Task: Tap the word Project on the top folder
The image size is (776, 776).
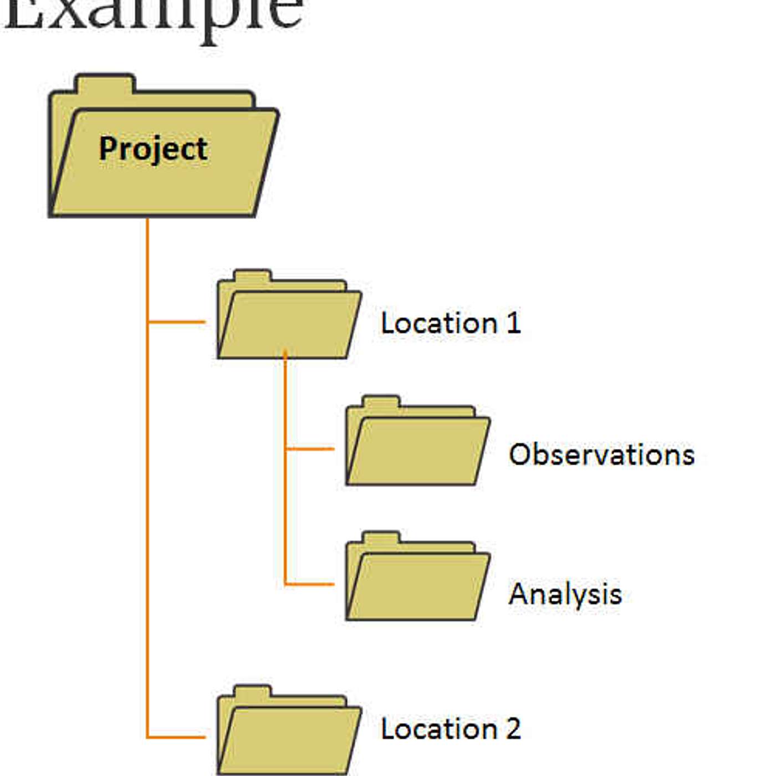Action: pyautogui.click(x=153, y=149)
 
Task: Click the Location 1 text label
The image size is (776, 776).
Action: pyautogui.click(x=451, y=323)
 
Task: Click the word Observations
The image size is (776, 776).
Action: pyautogui.click(x=601, y=455)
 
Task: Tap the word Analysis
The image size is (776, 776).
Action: pyautogui.click(x=565, y=594)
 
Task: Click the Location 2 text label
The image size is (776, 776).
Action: pyautogui.click(x=451, y=729)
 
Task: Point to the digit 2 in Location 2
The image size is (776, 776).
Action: pyautogui.click(x=513, y=729)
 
